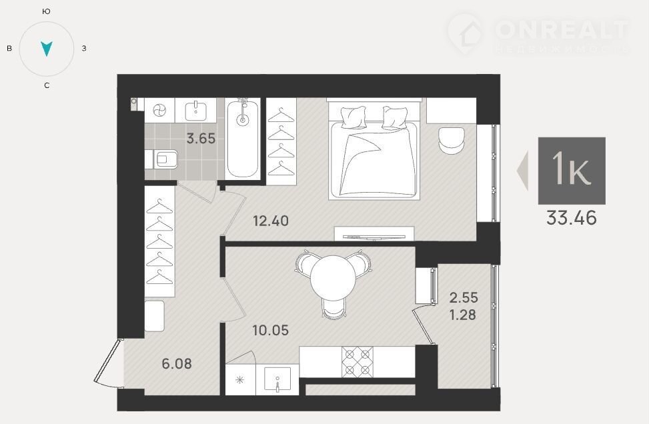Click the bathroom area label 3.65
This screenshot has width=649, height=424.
point(201,138)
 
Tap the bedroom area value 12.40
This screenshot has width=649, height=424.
point(271,221)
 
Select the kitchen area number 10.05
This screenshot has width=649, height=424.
point(271,330)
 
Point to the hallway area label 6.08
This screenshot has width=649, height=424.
point(177,363)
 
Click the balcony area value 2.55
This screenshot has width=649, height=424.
point(464,297)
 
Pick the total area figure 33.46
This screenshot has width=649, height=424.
point(572,217)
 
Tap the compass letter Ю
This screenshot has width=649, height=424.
point(47,11)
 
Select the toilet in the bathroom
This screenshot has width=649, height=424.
point(161,159)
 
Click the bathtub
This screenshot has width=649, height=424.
point(243,139)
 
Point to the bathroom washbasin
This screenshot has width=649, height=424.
point(196,110)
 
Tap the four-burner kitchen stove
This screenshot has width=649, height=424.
point(358,362)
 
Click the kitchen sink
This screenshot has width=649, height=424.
point(277,379)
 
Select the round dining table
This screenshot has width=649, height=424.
point(333,278)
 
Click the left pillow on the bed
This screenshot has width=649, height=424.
point(354,117)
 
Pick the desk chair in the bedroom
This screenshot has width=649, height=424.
point(452,141)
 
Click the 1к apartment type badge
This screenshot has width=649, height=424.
point(572,171)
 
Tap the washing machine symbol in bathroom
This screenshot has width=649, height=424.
point(159,111)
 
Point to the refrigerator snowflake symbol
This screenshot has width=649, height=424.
point(239,380)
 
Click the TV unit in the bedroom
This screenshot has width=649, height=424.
point(374,234)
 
